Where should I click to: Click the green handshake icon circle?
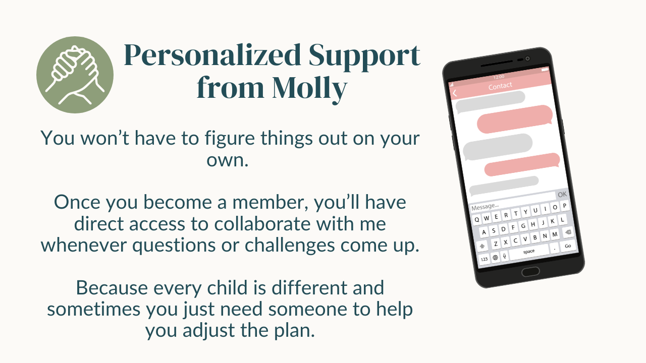pyautogui.click(x=75, y=75)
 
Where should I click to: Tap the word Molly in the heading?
pyautogui.click(x=310, y=88)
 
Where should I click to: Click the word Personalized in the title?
pyautogui.click(x=212, y=55)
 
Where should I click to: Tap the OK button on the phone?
pyautogui.click(x=562, y=195)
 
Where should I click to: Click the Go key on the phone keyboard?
pyautogui.click(x=568, y=246)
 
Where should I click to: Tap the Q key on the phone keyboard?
pyautogui.click(x=477, y=220)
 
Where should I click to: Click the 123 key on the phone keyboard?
pyautogui.click(x=484, y=259)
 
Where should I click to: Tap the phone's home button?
pyautogui.click(x=530, y=271)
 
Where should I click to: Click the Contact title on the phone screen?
pyautogui.click(x=500, y=86)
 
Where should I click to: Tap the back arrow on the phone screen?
pyautogui.click(x=455, y=93)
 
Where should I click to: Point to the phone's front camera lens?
pyautogui.click(x=527, y=58)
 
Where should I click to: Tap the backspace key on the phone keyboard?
pyautogui.click(x=568, y=232)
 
